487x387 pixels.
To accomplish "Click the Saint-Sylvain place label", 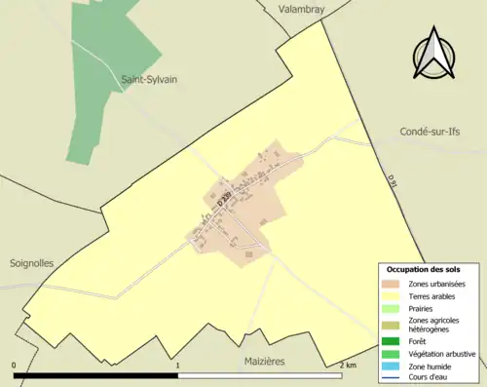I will pyautogui.click(x=149, y=79).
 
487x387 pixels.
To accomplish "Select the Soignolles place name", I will pyautogui.click(x=32, y=263).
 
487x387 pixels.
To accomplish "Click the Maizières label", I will pyautogui.click(x=262, y=361).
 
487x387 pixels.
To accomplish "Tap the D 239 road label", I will pyautogui.click(x=225, y=197).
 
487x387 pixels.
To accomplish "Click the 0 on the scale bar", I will pyautogui.click(x=15, y=366).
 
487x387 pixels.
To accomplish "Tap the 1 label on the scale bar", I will pyautogui.click(x=177, y=366).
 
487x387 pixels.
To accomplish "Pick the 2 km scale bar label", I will pyautogui.click(x=347, y=366).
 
